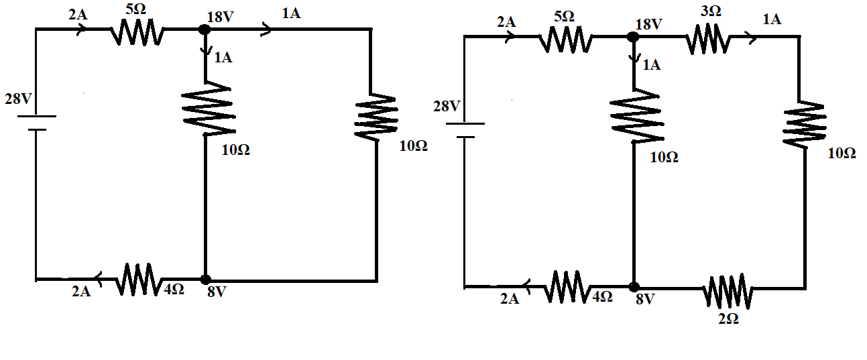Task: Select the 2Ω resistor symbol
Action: pyautogui.click(x=728, y=290)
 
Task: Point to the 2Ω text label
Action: pyautogui.click(x=728, y=319)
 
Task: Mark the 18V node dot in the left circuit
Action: pyautogui.click(x=205, y=29)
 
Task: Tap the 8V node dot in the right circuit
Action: pyautogui.click(x=632, y=287)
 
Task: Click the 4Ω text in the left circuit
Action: pyautogui.click(x=174, y=290)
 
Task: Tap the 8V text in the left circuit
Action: pyautogui.click(x=217, y=292)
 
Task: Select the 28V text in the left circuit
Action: pyautogui.click(x=18, y=99)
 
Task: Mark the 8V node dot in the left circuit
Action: pyautogui.click(x=205, y=279)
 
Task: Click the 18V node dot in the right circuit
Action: pyautogui.click(x=632, y=36)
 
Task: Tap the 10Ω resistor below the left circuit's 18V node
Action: pyautogui.click(x=207, y=109)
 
